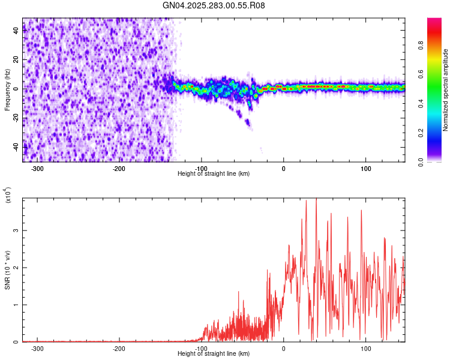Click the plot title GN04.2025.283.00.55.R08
pyautogui.click(x=214, y=5)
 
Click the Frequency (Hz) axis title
pyautogui.click(x=7, y=90)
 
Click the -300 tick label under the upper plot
pyautogui.click(x=37, y=168)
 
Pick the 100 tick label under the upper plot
pyautogui.click(x=365, y=168)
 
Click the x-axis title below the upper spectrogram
pyautogui.click(x=214, y=174)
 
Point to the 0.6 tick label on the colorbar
pyautogui.click(x=419, y=74)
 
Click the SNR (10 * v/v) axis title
pyautogui.click(x=7, y=269)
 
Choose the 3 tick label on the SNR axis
pyautogui.click(x=17, y=230)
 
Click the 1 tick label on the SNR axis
pyautogui.click(x=17, y=305)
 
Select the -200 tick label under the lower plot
pyautogui.click(x=119, y=348)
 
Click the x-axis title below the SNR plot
pyautogui.click(x=214, y=354)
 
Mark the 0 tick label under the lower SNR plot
pyautogui.click(x=284, y=348)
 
